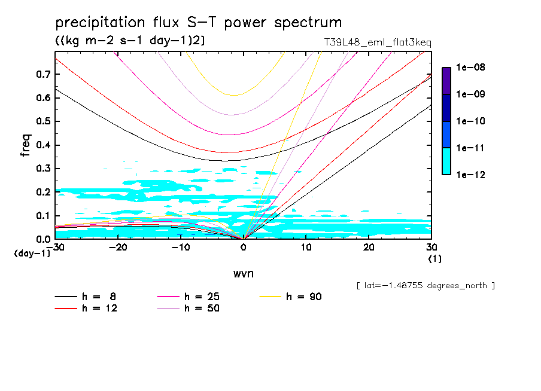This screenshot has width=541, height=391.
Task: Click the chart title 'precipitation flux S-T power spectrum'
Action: point(199,23)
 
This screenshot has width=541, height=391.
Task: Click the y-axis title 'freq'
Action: point(26,145)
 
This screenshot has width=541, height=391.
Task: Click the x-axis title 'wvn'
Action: point(243,273)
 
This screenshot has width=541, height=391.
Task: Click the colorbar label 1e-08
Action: point(471,68)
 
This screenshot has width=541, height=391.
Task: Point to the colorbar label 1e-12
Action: point(471,175)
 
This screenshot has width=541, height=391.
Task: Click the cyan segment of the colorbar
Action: point(446,161)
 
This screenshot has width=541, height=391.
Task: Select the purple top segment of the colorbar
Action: point(446,81)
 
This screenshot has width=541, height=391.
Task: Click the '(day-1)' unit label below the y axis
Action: point(32,253)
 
